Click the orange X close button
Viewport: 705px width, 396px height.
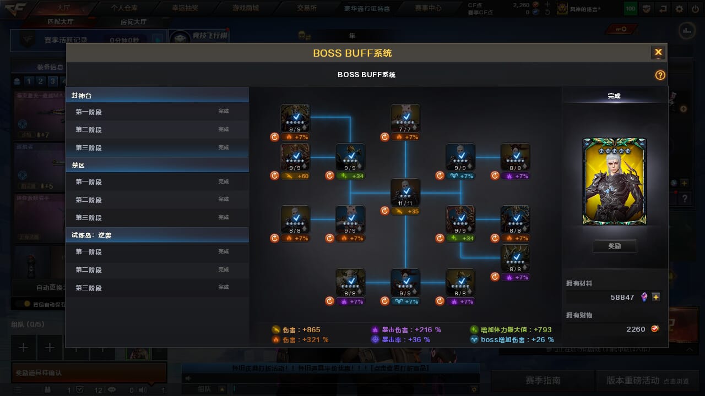(658, 52)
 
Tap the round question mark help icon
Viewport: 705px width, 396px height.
(660, 75)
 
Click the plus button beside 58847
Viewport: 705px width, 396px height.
(656, 297)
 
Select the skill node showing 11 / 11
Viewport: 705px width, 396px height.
(405, 193)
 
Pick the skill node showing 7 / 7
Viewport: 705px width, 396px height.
(405, 118)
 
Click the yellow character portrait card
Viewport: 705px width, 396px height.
(614, 182)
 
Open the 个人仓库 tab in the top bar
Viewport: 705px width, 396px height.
(124, 8)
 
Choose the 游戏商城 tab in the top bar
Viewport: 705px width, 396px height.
(246, 8)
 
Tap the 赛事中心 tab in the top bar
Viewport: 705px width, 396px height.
(428, 8)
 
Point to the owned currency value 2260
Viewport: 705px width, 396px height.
(636, 329)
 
